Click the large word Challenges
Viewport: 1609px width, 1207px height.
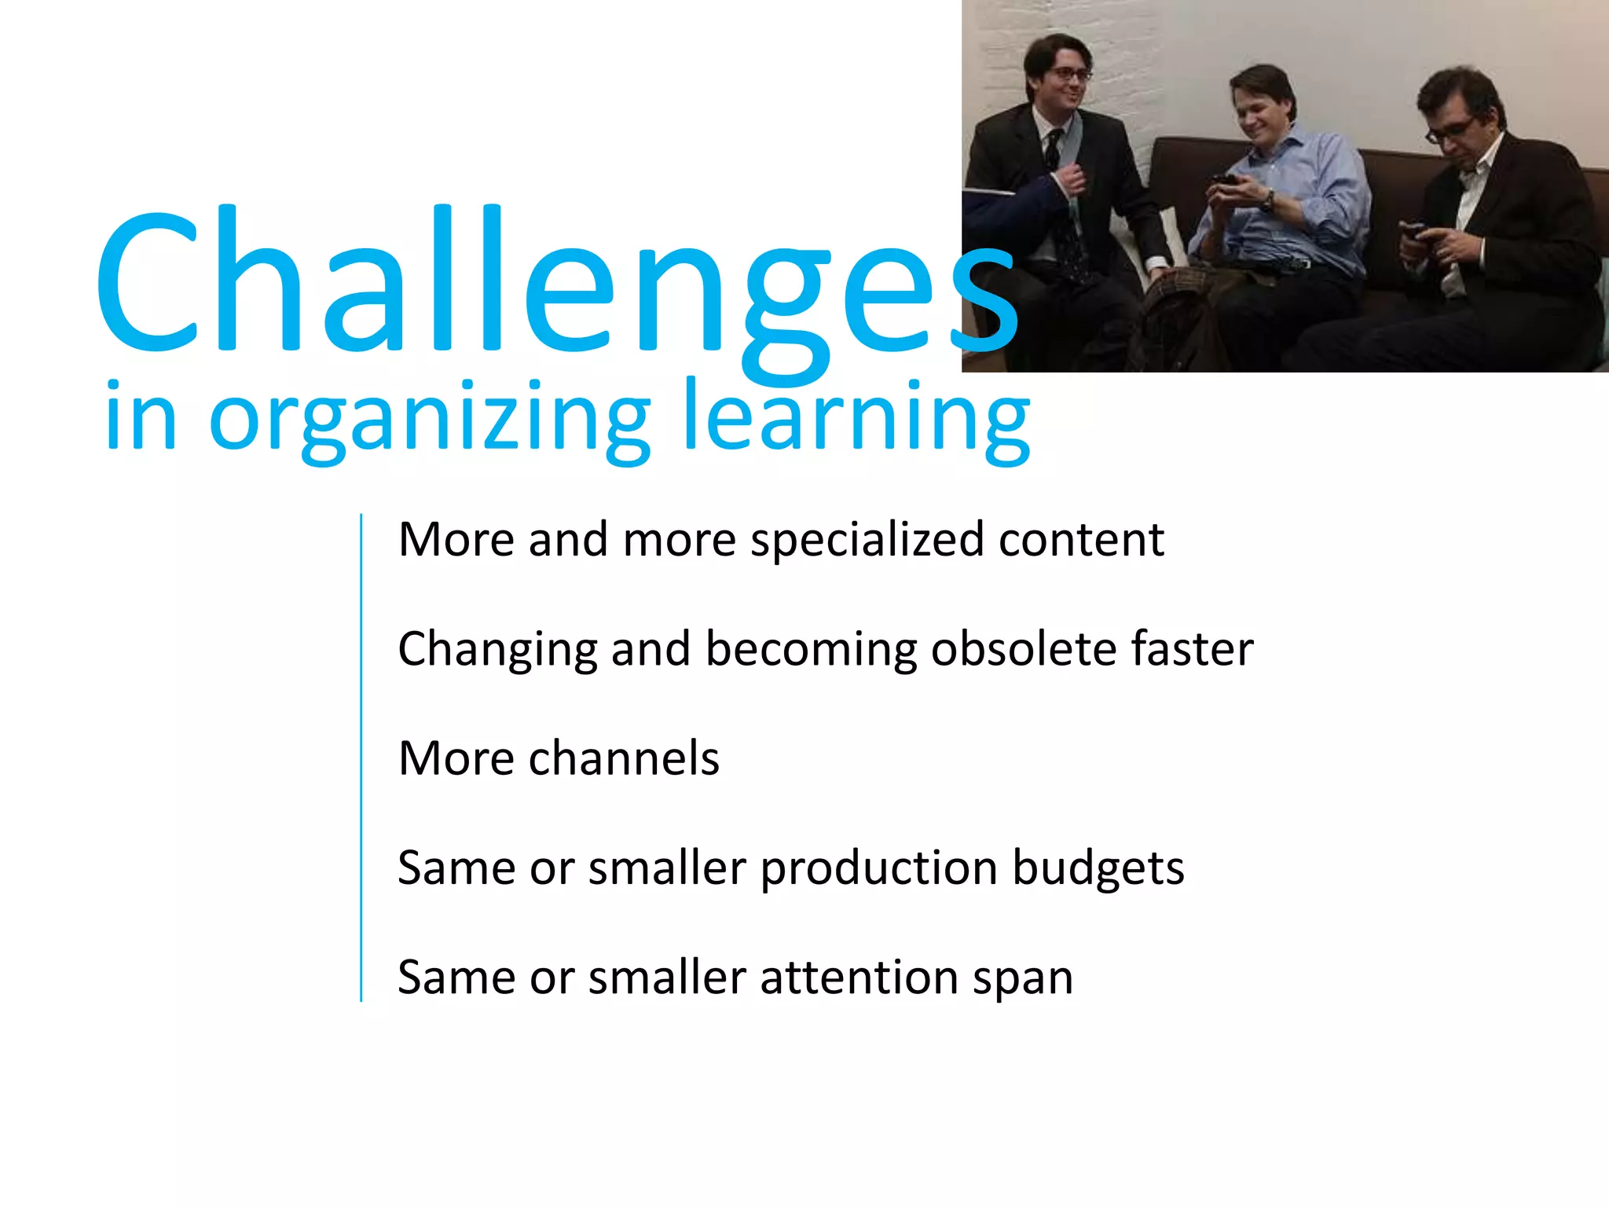pos(550,283)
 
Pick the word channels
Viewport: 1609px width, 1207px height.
pos(624,759)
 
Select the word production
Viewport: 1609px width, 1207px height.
pos(878,869)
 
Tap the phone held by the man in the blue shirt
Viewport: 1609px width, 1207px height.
pos(1224,180)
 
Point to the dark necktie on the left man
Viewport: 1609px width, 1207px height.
pos(1053,149)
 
